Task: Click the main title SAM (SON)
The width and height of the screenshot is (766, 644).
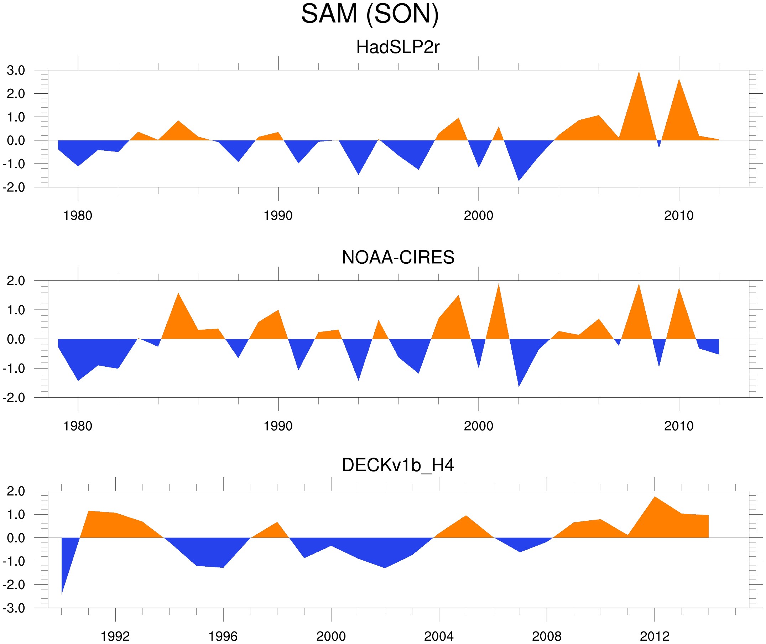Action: point(370,14)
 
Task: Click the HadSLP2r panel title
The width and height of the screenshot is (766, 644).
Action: point(397,47)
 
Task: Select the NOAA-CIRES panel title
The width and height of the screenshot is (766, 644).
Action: point(398,258)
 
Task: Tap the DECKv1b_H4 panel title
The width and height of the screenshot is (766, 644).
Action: point(398,465)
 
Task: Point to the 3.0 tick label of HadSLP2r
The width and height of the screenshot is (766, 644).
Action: point(16,71)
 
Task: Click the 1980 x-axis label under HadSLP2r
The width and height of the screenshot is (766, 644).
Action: point(78,216)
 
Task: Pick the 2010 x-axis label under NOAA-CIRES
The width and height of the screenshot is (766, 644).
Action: point(678,426)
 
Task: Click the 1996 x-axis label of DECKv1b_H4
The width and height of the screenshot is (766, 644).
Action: point(223,636)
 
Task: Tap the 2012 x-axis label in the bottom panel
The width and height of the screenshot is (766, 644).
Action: point(655,636)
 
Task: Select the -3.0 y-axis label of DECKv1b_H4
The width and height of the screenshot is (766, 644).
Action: point(14,608)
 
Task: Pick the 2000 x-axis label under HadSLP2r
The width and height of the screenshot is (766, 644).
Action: point(478,216)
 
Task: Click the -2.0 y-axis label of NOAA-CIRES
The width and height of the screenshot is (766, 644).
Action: point(14,398)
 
